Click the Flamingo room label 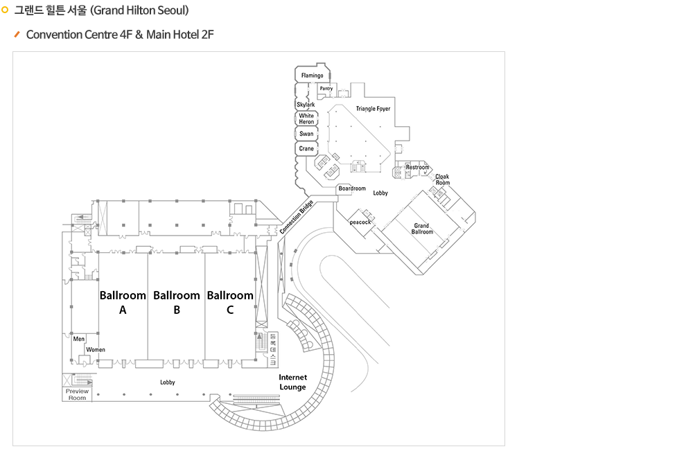[x=312, y=75]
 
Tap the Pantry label [x=326, y=89]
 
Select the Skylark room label [x=306, y=105]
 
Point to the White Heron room [x=306, y=118]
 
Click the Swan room [x=306, y=134]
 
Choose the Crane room [x=306, y=149]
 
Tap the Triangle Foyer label [x=373, y=109]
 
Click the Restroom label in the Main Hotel [x=417, y=168]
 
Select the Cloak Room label [x=442, y=179]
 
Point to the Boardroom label [x=352, y=188]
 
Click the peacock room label [x=360, y=222]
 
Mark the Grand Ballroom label [x=422, y=229]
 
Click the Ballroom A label [x=123, y=303]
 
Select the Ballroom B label [x=177, y=303]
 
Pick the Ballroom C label [x=230, y=303]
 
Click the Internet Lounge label [x=292, y=382]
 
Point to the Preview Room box [x=78, y=394]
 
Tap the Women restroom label [x=96, y=350]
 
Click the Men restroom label [x=79, y=339]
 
